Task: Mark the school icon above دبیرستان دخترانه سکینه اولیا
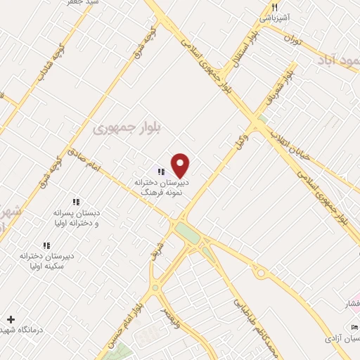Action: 46,245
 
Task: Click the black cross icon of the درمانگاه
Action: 11,319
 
